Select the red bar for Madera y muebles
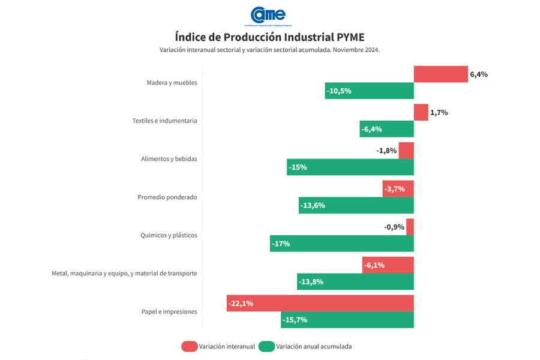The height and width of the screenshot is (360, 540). (440, 74)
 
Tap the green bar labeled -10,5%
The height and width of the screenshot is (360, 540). (369, 91)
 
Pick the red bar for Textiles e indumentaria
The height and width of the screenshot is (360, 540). (421, 113)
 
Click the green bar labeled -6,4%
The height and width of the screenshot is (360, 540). (386, 129)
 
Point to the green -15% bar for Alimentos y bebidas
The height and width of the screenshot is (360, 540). (350, 167)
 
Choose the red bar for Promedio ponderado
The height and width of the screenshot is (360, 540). (398, 189)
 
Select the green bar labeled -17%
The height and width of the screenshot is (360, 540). (341, 244)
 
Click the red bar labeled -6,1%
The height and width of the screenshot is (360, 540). (388, 265)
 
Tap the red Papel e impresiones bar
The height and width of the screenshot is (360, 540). (320, 304)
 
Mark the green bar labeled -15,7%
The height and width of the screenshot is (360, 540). (347, 320)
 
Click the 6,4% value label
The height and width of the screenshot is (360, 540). (479, 75)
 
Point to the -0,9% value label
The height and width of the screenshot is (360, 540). (394, 227)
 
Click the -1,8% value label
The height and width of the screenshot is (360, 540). (386, 151)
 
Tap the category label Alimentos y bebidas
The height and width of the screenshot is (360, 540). (169, 159)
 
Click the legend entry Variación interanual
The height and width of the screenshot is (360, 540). (219, 346)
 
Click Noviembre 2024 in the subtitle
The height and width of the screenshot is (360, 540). (356, 50)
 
